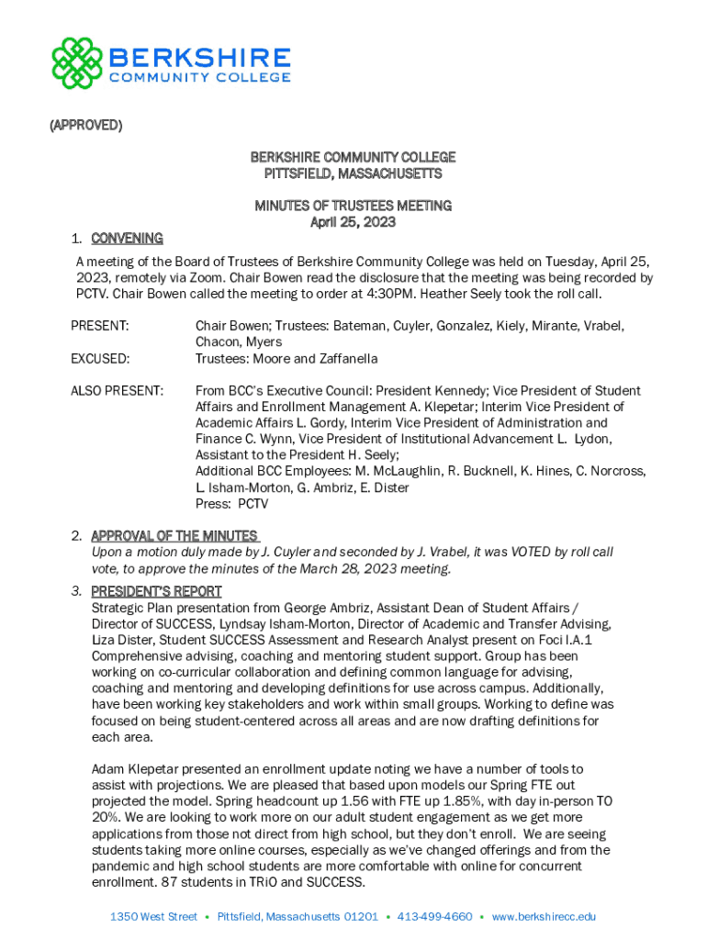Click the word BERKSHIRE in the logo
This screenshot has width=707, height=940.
[x=199, y=58]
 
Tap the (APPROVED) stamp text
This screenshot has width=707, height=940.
[x=85, y=125]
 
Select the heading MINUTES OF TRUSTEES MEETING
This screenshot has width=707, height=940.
[x=353, y=206]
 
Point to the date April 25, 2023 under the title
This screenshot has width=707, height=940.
[x=353, y=222]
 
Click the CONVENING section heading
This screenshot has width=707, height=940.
[x=127, y=239]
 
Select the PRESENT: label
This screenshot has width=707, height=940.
[x=100, y=326]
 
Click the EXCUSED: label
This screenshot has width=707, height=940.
[x=101, y=358]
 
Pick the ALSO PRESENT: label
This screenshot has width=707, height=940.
[x=117, y=391]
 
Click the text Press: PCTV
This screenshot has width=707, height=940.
[x=232, y=504]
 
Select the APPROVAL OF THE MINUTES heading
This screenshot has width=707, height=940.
[x=174, y=536]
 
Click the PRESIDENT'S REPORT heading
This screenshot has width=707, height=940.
[x=156, y=591]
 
